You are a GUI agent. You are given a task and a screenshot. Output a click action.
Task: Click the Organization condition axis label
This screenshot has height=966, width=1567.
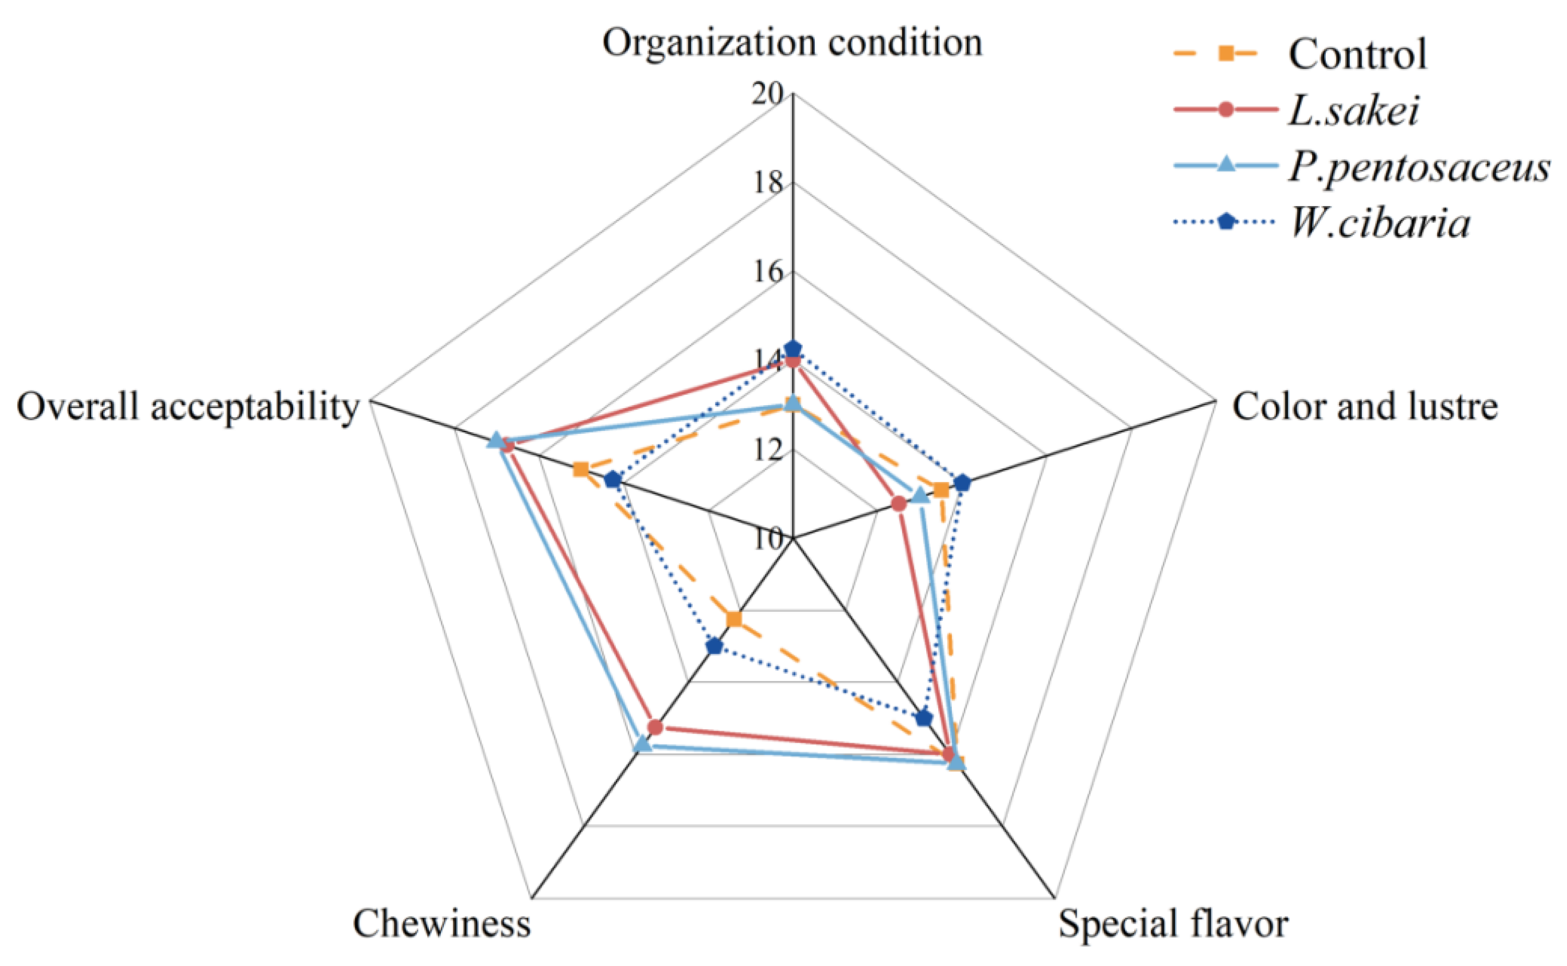tap(792, 43)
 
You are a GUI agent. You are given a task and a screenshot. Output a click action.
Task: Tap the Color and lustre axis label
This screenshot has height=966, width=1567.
tap(1364, 406)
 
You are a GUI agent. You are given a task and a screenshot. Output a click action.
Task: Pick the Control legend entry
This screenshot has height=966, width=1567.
tap(1357, 54)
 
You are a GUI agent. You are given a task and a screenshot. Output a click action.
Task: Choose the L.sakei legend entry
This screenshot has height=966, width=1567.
tap(1353, 110)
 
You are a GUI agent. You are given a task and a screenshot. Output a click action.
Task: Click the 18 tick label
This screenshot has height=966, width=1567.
tap(766, 184)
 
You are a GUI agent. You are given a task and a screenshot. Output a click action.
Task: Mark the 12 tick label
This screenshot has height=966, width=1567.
tap(766, 451)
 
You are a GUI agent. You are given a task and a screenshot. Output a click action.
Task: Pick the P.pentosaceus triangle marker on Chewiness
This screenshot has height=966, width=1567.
tap(642, 744)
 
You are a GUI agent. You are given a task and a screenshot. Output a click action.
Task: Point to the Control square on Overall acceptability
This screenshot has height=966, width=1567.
tap(580, 470)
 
